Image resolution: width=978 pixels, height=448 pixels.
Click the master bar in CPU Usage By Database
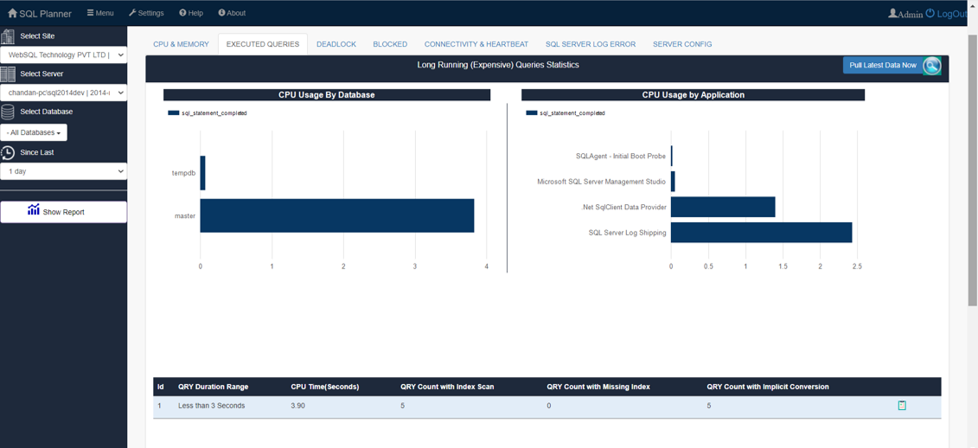(336, 215)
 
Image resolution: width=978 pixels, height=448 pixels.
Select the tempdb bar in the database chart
(202, 173)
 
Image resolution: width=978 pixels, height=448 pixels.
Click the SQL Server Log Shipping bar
(761, 233)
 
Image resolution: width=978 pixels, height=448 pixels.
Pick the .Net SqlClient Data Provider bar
(722, 207)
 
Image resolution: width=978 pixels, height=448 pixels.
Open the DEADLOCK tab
(336, 44)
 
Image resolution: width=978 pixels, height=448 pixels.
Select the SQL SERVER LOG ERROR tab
(590, 44)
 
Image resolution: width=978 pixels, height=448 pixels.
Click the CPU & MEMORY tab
(181, 44)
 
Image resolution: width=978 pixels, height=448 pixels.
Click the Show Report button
(63, 212)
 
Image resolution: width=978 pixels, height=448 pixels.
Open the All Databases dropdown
(34, 132)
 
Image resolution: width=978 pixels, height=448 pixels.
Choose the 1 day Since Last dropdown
(63, 171)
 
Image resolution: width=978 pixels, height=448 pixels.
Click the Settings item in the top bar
(146, 13)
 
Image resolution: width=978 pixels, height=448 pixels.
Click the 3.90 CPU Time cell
(297, 406)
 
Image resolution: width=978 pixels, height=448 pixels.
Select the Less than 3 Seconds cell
(211, 406)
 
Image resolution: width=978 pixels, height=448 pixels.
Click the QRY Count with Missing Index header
(598, 387)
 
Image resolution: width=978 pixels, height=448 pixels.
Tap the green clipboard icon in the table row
(902, 405)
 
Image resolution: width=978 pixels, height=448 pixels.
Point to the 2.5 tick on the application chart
(856, 266)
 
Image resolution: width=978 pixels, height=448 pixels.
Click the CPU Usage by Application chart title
(693, 95)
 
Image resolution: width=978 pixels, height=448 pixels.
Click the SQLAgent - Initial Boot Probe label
(620, 157)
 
